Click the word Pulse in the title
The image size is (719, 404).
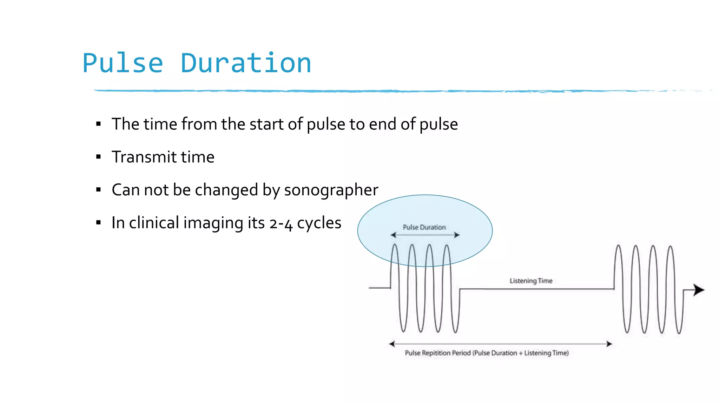(x=123, y=63)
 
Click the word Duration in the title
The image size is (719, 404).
(x=246, y=63)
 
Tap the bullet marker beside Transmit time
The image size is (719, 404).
(x=98, y=157)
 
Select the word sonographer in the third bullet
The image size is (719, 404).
(x=331, y=190)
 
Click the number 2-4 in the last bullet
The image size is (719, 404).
(x=281, y=223)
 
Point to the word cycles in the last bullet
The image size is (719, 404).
(x=319, y=223)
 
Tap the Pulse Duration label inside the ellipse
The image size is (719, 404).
(x=424, y=227)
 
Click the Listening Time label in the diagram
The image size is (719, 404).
(x=531, y=281)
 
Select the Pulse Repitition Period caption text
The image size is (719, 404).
(x=487, y=353)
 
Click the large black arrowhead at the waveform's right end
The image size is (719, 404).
(x=699, y=290)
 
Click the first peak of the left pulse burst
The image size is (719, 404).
(x=395, y=245)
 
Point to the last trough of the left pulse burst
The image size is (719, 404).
(x=455, y=331)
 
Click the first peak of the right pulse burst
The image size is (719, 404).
(x=619, y=246)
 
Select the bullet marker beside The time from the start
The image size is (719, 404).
(x=98, y=124)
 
